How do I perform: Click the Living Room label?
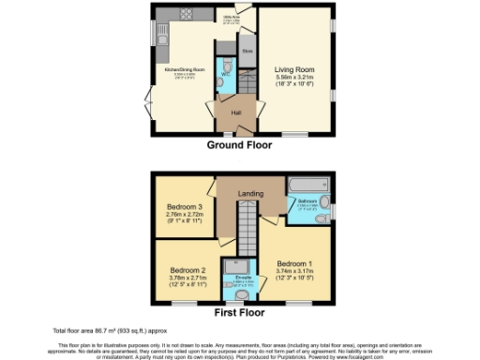click(292, 69)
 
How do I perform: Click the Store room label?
click(247, 51)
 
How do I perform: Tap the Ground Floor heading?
click(239, 145)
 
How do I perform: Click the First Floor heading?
click(239, 313)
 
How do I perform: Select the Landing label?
click(250, 193)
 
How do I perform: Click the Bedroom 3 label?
click(185, 207)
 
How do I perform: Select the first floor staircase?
click(245, 230)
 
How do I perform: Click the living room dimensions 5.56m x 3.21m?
click(292, 78)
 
